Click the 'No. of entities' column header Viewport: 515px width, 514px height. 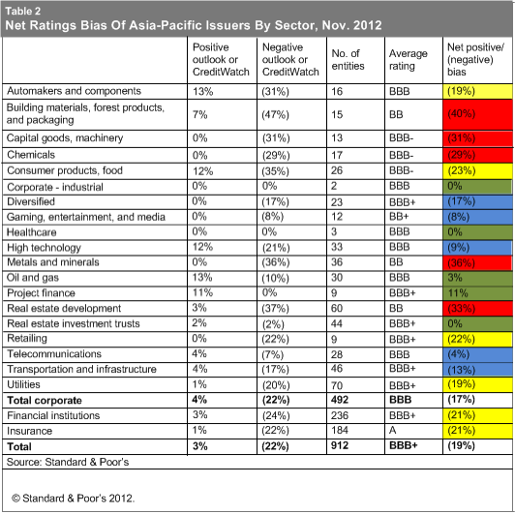pyautogui.click(x=348, y=59)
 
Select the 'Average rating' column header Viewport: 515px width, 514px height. pyautogui.click(x=409, y=59)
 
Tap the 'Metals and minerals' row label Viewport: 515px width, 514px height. pyautogui.click(x=53, y=262)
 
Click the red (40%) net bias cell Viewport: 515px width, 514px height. pyautogui.click(x=477, y=114)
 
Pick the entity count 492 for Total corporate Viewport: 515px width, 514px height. pyautogui.click(x=340, y=400)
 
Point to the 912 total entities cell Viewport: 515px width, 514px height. pyautogui.click(x=340, y=445)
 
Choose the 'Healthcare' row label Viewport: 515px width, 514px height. pyautogui.click(x=32, y=232)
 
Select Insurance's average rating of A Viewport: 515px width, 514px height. pyautogui.click(x=393, y=430)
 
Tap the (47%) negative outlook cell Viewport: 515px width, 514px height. pyautogui.click(x=276, y=114)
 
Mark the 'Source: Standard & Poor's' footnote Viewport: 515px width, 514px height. pyautogui.click(x=68, y=462)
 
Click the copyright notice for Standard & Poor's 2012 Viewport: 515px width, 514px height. pyautogui.click(x=73, y=499)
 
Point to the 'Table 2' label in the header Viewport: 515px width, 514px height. pyautogui.click(x=23, y=12)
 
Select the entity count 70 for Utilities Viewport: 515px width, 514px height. pyautogui.click(x=337, y=385)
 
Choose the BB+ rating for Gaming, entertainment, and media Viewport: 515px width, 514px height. pyautogui.click(x=399, y=217)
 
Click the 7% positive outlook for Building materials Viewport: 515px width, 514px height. pyautogui.click(x=200, y=114)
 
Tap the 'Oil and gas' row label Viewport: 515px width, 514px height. pyautogui.click(x=33, y=278)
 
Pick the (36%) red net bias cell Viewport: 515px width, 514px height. pyautogui.click(x=477, y=262)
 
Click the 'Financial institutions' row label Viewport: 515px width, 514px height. pyautogui.click(x=53, y=415)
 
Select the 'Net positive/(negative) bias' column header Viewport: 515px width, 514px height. pyautogui.click(x=475, y=59)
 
